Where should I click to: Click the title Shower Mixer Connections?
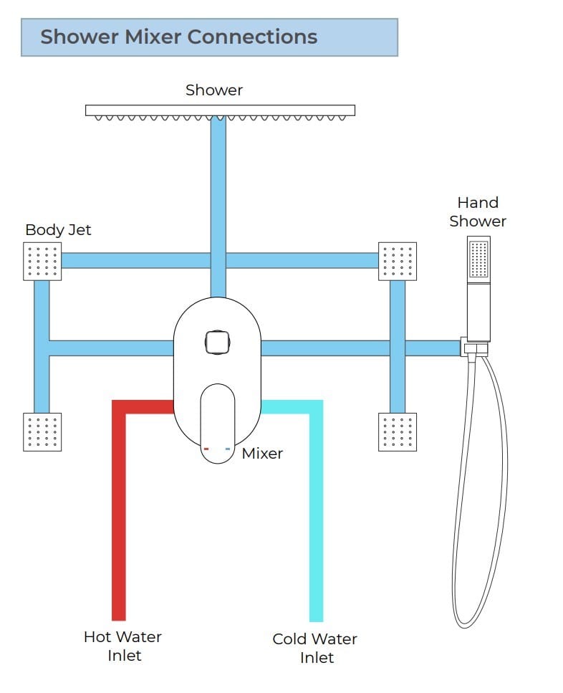[x=178, y=37]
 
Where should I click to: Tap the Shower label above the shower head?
[x=214, y=90]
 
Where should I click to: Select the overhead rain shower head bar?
[x=220, y=110]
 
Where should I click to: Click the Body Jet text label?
[x=58, y=230]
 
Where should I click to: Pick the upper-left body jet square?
[x=42, y=261]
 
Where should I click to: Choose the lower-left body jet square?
[x=42, y=431]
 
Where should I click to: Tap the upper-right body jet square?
[x=397, y=261]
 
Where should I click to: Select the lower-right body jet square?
[x=397, y=431]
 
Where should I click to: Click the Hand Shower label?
[x=478, y=212]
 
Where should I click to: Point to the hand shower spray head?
[x=478, y=259]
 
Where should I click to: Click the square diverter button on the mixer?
[x=216, y=341]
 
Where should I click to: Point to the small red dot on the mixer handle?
[x=206, y=449]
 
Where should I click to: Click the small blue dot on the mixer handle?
[x=228, y=449]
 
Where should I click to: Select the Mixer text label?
[x=262, y=454]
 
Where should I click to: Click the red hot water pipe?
[x=119, y=516]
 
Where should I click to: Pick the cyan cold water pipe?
[x=316, y=516]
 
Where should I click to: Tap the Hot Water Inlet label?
[x=123, y=646]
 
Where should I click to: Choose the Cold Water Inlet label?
[x=315, y=648]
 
